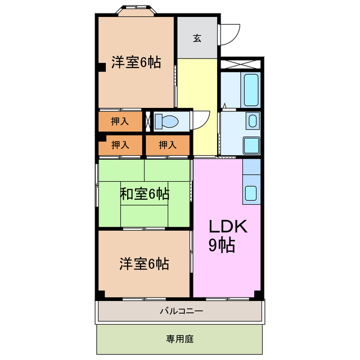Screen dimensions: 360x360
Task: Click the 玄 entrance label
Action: pyautogui.click(x=197, y=38)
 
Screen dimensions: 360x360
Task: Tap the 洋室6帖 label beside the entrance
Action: pyautogui.click(x=136, y=62)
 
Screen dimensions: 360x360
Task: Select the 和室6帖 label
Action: pyautogui.click(x=145, y=195)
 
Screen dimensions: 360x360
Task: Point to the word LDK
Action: pyautogui.click(x=228, y=226)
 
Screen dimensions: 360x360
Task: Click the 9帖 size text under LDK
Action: pyautogui.click(x=222, y=245)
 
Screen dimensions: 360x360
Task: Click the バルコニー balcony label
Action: pyautogui.click(x=181, y=310)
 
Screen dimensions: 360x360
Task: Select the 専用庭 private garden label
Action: pyautogui.click(x=180, y=339)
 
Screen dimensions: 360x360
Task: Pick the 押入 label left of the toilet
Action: pyautogui.click(x=120, y=121)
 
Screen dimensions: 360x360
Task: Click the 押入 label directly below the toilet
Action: pyautogui.click(x=168, y=145)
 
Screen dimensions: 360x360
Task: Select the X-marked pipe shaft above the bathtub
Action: pyautogui.click(x=240, y=64)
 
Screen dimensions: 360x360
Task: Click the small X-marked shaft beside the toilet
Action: pyautogui.click(x=148, y=121)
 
